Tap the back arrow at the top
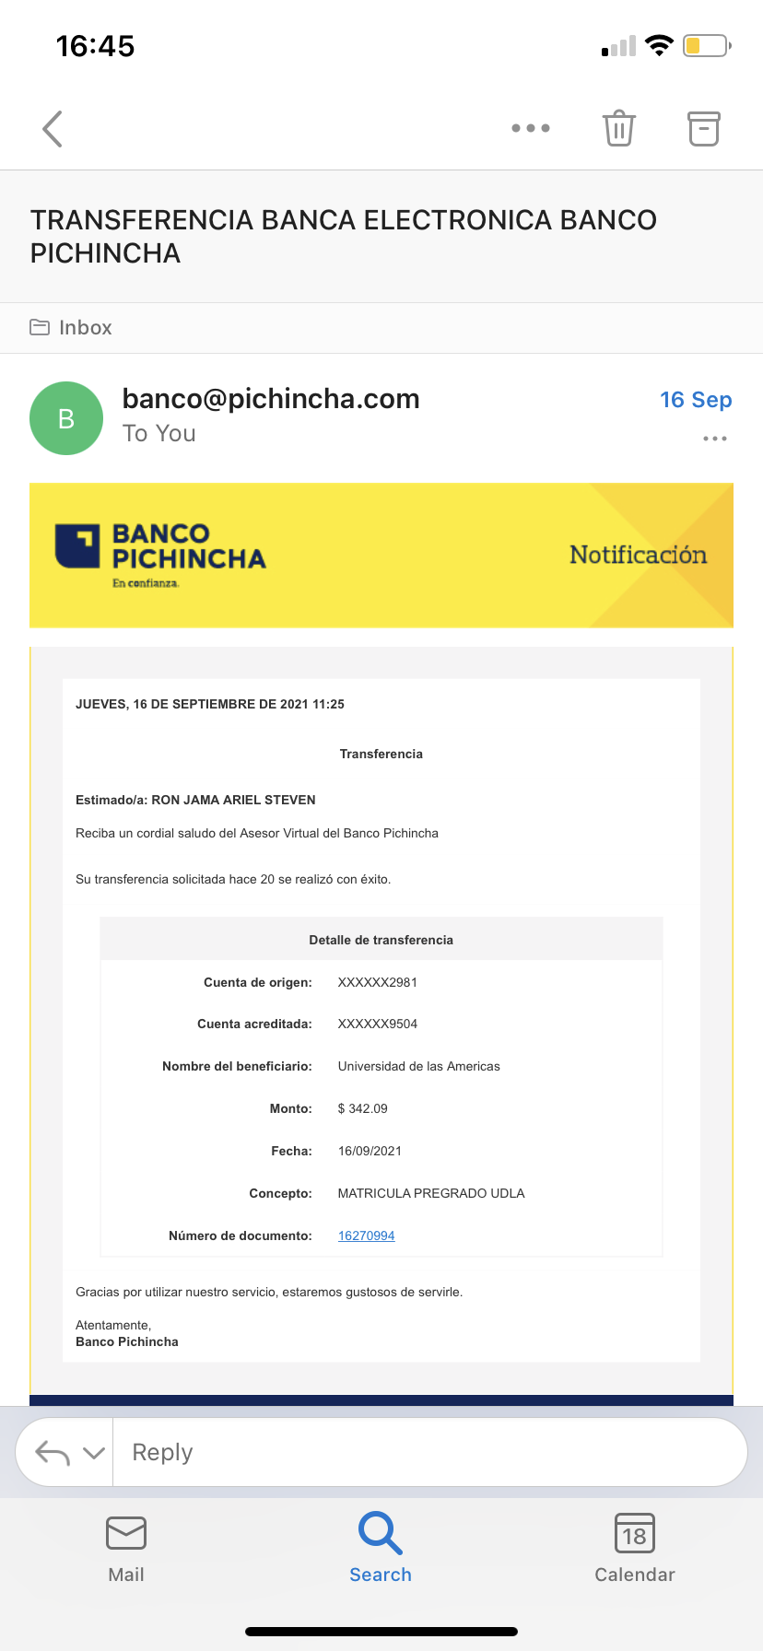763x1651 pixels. point(53,129)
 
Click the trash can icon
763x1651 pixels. point(618,128)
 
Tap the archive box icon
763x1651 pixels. point(703,128)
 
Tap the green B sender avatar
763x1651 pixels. point(66,418)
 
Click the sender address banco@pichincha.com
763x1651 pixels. point(271,398)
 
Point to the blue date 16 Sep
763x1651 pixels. point(696,399)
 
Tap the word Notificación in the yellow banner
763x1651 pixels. point(638,554)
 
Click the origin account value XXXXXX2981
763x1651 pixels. point(378,982)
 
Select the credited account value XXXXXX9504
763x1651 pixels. point(378,1024)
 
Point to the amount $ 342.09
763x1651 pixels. point(363,1108)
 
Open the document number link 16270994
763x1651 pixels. point(367,1235)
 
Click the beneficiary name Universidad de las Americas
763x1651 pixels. point(419,1066)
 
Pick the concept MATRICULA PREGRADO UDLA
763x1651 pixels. point(431,1193)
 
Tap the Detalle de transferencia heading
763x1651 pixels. point(381,940)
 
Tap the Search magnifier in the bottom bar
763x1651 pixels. point(380,1533)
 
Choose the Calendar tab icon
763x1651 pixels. point(635,1533)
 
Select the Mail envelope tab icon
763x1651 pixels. point(126,1533)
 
